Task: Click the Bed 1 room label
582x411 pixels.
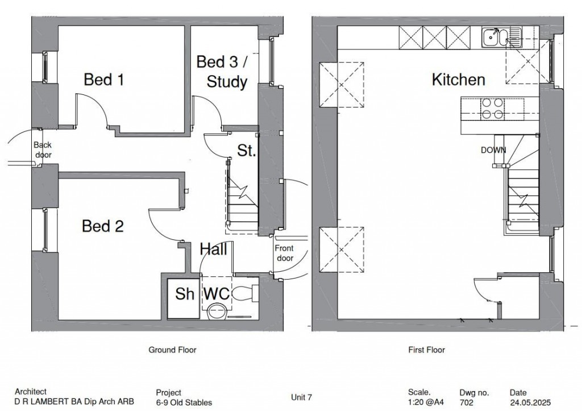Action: click(103, 80)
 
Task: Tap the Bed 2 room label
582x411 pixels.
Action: click(102, 226)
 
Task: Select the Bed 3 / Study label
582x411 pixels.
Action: click(222, 72)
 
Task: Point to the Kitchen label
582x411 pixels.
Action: click(459, 80)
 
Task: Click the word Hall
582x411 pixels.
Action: click(214, 249)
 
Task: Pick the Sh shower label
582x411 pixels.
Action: click(185, 294)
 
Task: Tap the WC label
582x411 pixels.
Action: click(217, 294)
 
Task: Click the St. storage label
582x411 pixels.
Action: click(247, 151)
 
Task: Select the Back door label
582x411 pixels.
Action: click(43, 150)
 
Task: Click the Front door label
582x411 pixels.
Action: click(284, 253)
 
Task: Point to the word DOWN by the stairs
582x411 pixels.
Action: click(493, 150)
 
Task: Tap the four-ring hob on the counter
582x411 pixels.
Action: click(492, 109)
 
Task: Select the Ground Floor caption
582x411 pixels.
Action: click(172, 350)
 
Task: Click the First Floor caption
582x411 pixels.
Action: click(426, 350)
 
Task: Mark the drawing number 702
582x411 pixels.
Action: click(465, 402)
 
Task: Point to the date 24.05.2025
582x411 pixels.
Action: click(530, 402)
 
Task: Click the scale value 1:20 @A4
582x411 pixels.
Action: click(426, 402)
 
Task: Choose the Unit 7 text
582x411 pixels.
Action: click(301, 397)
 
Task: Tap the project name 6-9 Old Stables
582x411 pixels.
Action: click(184, 402)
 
